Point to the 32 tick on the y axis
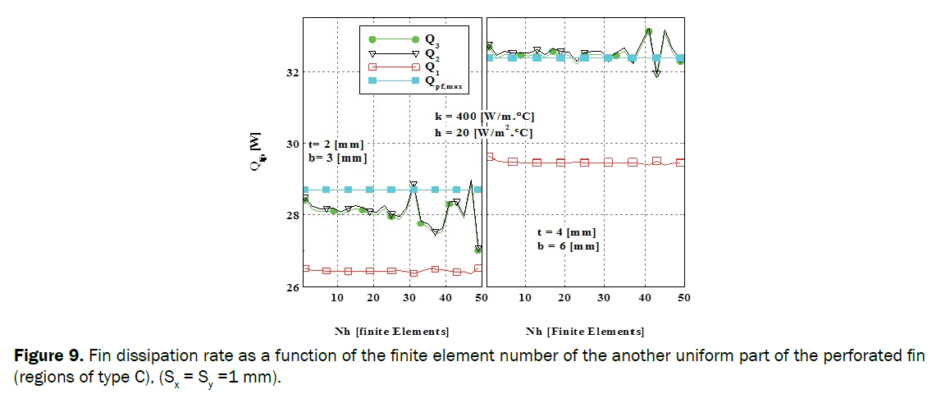[x=291, y=72]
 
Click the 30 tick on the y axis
[x=291, y=144]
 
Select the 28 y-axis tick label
[x=291, y=215]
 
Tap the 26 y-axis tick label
[x=291, y=287]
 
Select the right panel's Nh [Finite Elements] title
[x=584, y=332]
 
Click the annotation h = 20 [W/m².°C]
[x=485, y=132]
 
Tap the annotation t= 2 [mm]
[x=336, y=144]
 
